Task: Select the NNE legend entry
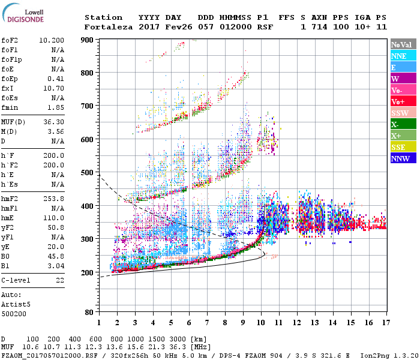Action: [x=399, y=56]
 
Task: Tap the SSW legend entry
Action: [x=400, y=113]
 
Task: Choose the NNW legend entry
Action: [x=400, y=158]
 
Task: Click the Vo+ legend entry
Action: [x=398, y=101]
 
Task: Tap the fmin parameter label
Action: [x=10, y=107]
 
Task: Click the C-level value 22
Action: [x=60, y=280]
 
